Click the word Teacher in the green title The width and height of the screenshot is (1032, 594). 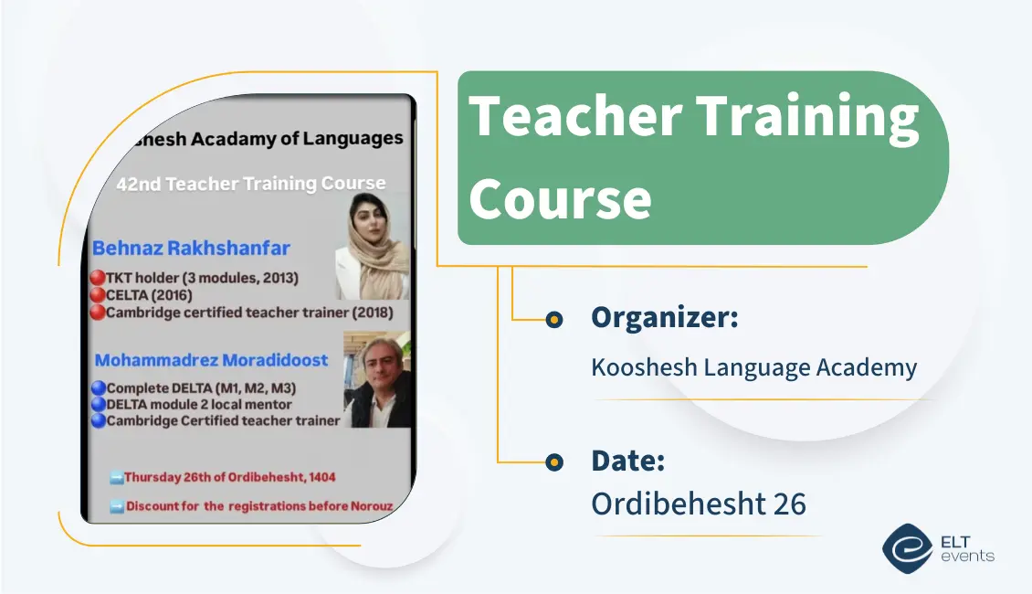(574, 117)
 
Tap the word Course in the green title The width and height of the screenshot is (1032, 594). (560, 198)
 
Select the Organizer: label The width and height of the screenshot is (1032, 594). (664, 318)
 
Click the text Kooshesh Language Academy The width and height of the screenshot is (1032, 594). (753, 367)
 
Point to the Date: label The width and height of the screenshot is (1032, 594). (627, 461)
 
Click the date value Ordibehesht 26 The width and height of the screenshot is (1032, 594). (699, 504)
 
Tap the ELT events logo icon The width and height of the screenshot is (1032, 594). (907, 548)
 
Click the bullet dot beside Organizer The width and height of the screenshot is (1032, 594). (553, 320)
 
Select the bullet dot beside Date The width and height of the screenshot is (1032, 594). (553, 462)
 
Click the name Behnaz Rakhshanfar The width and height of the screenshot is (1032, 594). (191, 248)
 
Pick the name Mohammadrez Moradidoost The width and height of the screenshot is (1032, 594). (211, 360)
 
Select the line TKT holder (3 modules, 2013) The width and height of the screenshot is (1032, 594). (202, 278)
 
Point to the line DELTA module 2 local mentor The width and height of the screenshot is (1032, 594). (199, 404)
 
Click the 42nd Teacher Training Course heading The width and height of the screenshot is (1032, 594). (250, 184)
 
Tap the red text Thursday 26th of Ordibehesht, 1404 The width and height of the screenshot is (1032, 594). (229, 477)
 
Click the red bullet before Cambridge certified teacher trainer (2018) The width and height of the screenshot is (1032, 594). (98, 313)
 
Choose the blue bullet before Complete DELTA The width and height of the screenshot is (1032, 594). (98, 387)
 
